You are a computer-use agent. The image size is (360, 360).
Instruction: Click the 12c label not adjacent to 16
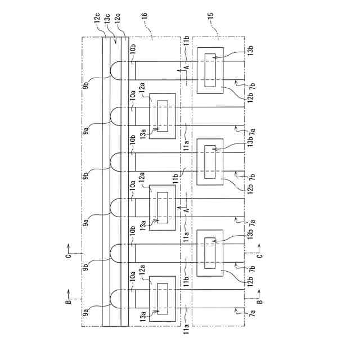tap(97, 21)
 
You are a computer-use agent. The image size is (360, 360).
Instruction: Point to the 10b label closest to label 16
tap(132, 52)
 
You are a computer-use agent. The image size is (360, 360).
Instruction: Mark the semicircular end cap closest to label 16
tap(116, 70)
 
